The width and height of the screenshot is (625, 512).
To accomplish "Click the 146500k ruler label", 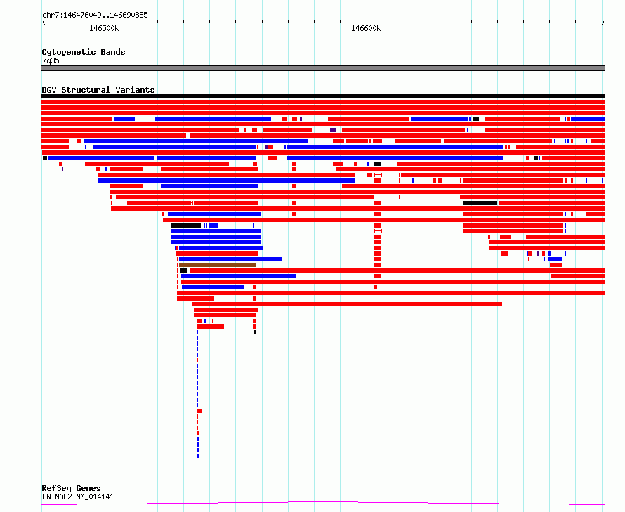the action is coord(104,28).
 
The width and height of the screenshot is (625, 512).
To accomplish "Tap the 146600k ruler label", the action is coord(366,28).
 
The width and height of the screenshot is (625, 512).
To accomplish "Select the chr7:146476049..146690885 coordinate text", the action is coord(95,15).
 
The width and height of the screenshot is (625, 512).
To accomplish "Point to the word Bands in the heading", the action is coord(113,52).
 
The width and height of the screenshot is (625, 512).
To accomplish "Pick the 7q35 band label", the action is coord(51,60).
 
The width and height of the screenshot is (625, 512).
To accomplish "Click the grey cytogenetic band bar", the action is coord(323,68).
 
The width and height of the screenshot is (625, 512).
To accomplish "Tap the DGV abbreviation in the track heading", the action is coord(49,90).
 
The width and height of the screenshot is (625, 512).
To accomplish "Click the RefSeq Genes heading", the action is coord(71,488).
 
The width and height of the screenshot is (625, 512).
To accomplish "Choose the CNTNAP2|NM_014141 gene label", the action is coord(78,497).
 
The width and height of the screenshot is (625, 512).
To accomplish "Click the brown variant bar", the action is coord(218,265).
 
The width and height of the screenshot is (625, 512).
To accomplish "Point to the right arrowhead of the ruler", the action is coord(604,22).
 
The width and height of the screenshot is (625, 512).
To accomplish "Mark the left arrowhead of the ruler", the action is coord(43,22).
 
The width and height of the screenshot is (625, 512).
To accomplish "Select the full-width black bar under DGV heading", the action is coord(323,96).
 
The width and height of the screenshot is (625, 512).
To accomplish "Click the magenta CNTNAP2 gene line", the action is coord(323,503).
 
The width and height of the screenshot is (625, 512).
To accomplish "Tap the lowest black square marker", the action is coord(255,332).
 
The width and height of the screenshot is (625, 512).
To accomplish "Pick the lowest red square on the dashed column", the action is coord(199,411).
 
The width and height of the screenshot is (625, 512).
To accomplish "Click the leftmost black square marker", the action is coord(45,158).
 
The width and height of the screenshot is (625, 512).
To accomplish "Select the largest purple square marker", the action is coord(333,130).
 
